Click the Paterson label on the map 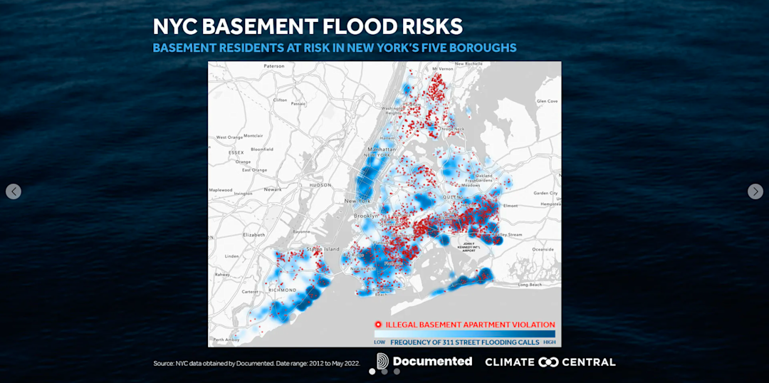coord(274,66)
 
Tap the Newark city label coord(273,189)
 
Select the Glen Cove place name coord(547,101)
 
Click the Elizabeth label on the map coord(254,234)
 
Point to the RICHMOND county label coord(282,290)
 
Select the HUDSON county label coord(320,184)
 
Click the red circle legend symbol coord(378,325)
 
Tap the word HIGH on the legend coord(549,342)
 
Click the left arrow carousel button coord(14,191)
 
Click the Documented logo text coord(431,362)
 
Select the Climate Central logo coord(550,362)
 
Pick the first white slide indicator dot coord(372,371)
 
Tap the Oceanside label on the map coord(543,249)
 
